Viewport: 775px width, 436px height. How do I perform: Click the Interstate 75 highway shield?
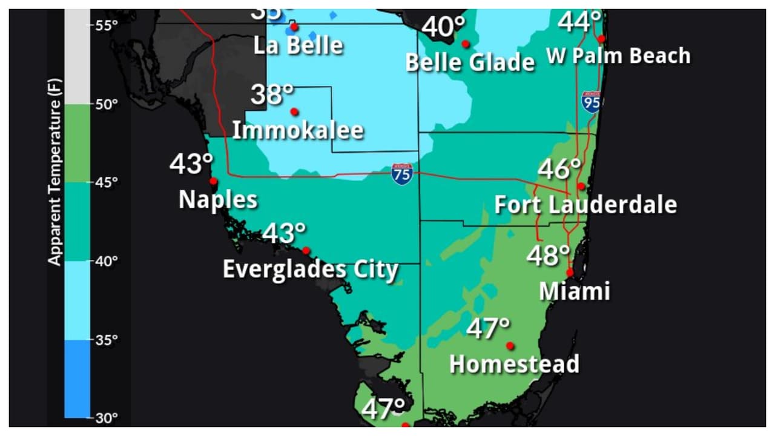click(402, 174)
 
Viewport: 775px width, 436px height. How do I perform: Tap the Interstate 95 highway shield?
click(591, 102)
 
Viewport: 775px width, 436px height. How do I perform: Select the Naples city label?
click(218, 199)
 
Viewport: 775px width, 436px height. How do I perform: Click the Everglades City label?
click(310, 269)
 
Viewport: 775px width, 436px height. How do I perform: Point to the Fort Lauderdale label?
click(585, 205)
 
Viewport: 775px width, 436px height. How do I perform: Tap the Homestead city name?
click(514, 364)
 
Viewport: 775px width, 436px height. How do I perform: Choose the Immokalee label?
click(298, 130)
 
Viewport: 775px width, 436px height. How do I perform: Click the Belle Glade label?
click(470, 62)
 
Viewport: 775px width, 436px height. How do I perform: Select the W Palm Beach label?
click(618, 56)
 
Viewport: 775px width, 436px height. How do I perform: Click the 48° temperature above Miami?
click(548, 256)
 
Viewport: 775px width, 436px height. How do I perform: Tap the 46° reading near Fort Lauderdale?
click(559, 170)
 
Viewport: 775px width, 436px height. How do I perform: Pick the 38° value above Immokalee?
click(272, 95)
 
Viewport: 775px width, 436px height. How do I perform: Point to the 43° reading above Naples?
click(191, 164)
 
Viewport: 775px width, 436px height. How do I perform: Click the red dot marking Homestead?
click(510, 346)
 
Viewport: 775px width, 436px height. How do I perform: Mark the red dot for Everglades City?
click(306, 251)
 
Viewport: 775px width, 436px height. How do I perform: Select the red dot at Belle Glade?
click(466, 44)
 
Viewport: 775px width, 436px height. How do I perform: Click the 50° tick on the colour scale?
click(106, 104)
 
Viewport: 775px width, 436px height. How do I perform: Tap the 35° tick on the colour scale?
click(106, 340)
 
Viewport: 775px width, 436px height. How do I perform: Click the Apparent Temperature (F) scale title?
click(55, 182)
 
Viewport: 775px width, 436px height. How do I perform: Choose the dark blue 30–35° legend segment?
click(77, 378)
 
